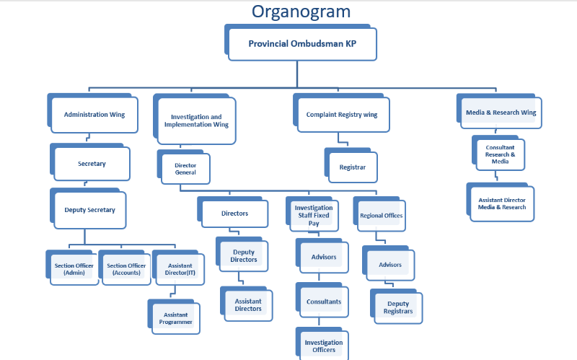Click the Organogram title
pos(301,12)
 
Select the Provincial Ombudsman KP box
pos(301,43)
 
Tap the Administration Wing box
pos(93,113)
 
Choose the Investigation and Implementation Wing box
pos(195,119)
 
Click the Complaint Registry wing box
pos(341,113)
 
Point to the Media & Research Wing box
pos(499,111)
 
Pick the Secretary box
pos(90,162)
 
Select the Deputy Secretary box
pos(88,208)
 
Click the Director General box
pos(184,167)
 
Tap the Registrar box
pos(351,165)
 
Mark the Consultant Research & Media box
pos(498,153)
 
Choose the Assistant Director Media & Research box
pos(501,202)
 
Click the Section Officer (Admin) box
pos(73,268)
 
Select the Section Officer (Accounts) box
pos(125,268)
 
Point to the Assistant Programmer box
pos(174,317)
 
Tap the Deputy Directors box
pos(242,255)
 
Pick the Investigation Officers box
pos(322,344)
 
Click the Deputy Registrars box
pos(396,307)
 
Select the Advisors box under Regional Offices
pos(389,263)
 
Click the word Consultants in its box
pos(324,302)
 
